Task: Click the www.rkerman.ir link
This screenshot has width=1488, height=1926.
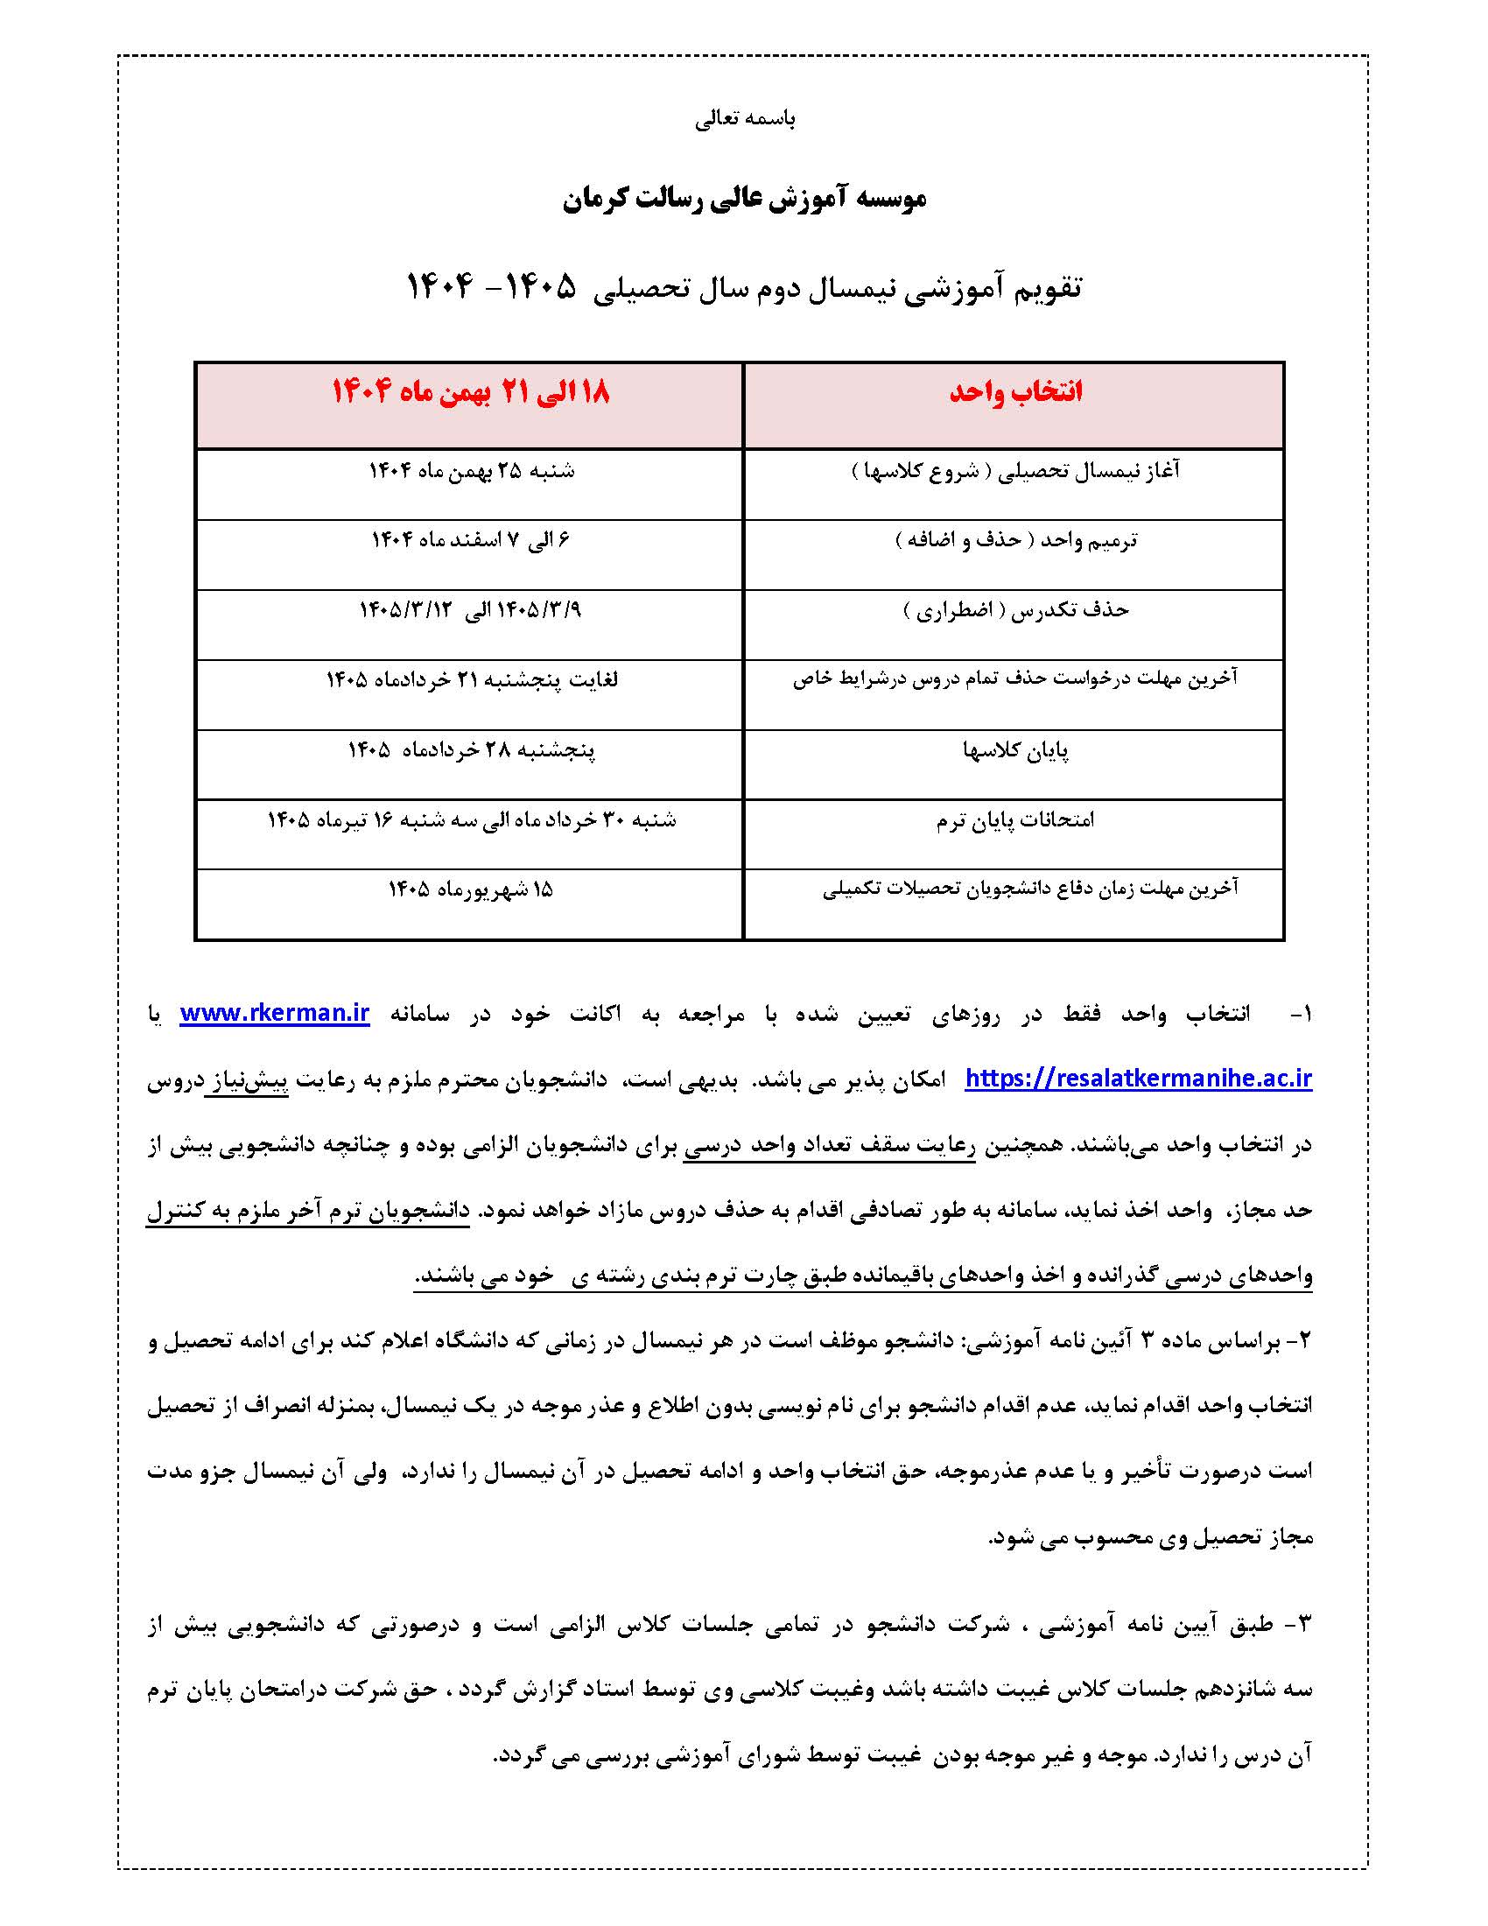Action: pyautogui.click(x=274, y=1013)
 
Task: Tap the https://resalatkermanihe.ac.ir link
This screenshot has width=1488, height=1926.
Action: pyautogui.click(x=1138, y=1078)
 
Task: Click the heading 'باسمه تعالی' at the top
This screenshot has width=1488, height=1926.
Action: pyautogui.click(x=745, y=120)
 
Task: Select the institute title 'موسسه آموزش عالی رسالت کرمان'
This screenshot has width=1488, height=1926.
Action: pyautogui.click(x=745, y=199)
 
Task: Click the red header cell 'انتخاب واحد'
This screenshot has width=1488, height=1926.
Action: pyautogui.click(x=1015, y=392)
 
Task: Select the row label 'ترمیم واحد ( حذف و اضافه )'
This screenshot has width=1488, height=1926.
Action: pyautogui.click(x=1015, y=539)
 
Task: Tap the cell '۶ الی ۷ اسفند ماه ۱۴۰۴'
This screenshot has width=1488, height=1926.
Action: pyautogui.click(x=471, y=539)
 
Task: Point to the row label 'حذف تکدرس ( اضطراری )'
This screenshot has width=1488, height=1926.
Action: pyautogui.click(x=1015, y=609)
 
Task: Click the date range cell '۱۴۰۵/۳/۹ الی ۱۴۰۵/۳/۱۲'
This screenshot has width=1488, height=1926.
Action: pyautogui.click(x=471, y=609)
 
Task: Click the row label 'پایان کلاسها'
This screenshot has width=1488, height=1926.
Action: pyautogui.click(x=1015, y=750)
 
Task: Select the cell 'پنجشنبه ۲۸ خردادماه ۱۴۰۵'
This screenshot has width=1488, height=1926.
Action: pyautogui.click(x=471, y=750)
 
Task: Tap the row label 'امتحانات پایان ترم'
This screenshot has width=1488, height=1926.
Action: pyautogui.click(x=1015, y=820)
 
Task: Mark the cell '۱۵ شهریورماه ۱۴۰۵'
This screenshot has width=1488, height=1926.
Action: pyautogui.click(x=471, y=889)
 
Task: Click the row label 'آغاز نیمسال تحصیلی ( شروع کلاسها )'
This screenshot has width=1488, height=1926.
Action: pyautogui.click(x=1015, y=471)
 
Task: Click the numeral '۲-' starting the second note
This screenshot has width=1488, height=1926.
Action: pyautogui.click(x=1299, y=1340)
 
